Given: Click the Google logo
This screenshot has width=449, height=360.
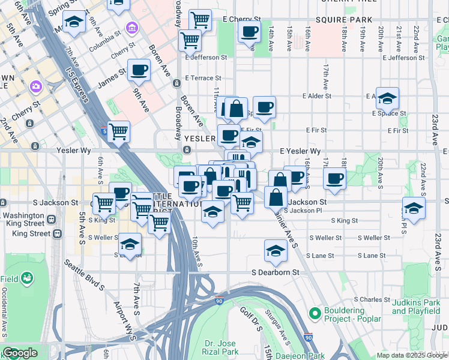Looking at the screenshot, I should (20, 353).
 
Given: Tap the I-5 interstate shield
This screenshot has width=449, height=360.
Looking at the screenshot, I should (106, 131).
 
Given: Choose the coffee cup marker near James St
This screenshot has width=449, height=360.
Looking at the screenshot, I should (139, 70).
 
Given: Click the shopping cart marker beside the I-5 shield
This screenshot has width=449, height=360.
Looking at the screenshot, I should (119, 131).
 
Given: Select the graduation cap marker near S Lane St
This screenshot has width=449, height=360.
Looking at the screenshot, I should (276, 250).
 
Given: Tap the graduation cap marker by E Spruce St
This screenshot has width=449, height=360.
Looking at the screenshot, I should (388, 97).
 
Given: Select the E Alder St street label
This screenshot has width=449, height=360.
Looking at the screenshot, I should (317, 96).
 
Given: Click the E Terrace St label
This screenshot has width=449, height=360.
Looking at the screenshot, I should (203, 78).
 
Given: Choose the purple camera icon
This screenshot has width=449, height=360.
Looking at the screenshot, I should (36, 88).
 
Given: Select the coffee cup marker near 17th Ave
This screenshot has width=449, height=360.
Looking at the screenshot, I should (335, 178).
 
